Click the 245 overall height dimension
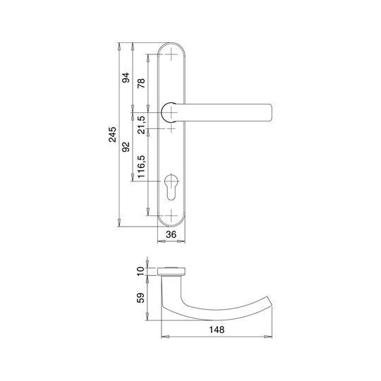point(112,134)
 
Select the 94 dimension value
point(126,78)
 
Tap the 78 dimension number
point(141,83)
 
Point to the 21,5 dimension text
point(141,125)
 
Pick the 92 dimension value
point(126,147)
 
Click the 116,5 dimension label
point(141,167)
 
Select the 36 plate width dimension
point(171,234)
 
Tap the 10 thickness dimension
point(141,271)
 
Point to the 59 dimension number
point(140,298)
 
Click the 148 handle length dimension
point(217,329)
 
